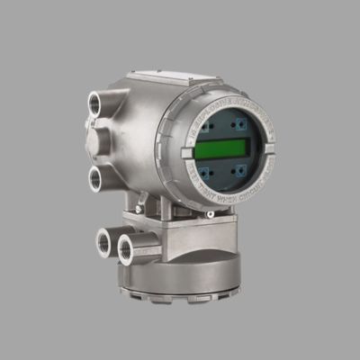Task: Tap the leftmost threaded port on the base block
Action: coord(103,240)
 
